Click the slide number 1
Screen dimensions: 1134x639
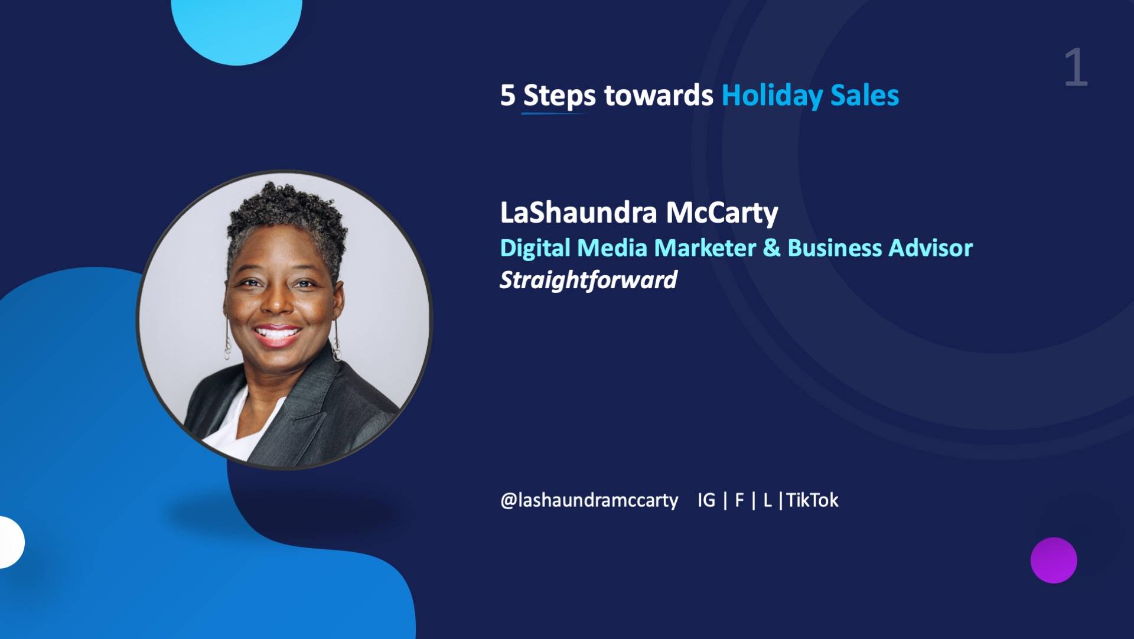click(1076, 68)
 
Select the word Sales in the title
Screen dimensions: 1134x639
click(865, 95)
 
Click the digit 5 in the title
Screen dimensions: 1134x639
click(507, 95)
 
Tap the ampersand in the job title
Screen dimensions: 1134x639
click(771, 248)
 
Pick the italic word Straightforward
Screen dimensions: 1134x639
click(588, 280)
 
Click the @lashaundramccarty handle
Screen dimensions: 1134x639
click(589, 500)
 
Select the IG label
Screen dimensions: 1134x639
click(706, 500)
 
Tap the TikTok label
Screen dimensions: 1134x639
click(812, 500)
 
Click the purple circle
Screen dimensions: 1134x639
click(1054, 560)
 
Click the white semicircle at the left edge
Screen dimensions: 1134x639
click(11, 542)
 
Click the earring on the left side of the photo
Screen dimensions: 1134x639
click(227, 340)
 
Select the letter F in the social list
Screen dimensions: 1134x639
click(739, 500)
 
